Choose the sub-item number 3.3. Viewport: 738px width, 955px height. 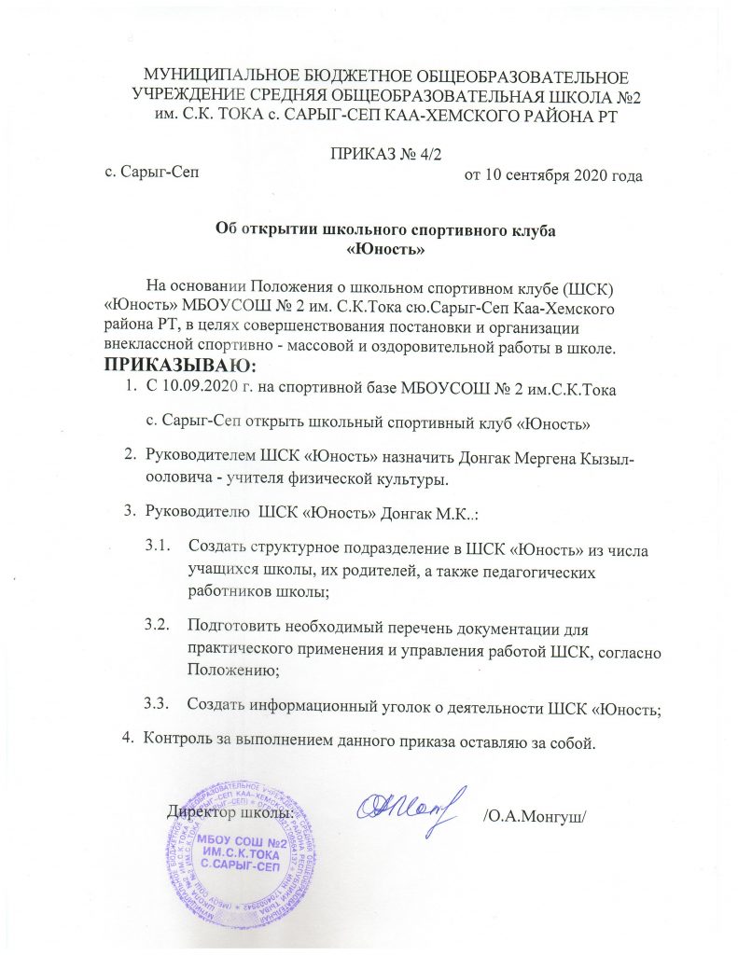tap(158, 701)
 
